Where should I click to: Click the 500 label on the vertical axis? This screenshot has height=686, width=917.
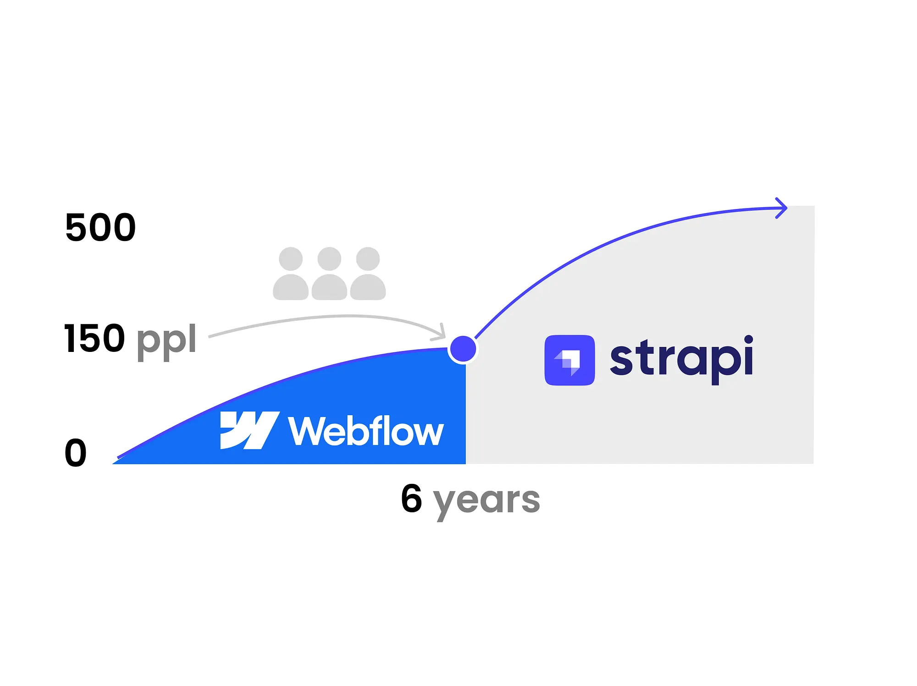100,227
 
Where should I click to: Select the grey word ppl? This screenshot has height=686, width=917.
166,341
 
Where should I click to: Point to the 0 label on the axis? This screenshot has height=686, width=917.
76,453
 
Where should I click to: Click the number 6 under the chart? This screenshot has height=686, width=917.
411,498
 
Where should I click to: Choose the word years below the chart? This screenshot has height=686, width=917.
486,502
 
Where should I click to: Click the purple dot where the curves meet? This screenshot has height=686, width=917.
463,349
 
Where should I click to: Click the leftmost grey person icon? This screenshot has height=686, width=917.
291,274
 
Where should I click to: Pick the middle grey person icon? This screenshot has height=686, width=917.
329,274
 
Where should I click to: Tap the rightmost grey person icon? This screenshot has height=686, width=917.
368,274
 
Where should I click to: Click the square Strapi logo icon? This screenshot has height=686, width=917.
569,360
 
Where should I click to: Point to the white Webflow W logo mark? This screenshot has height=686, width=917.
249,430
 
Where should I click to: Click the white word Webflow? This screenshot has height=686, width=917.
366,431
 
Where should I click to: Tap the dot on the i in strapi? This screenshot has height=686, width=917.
748,340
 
